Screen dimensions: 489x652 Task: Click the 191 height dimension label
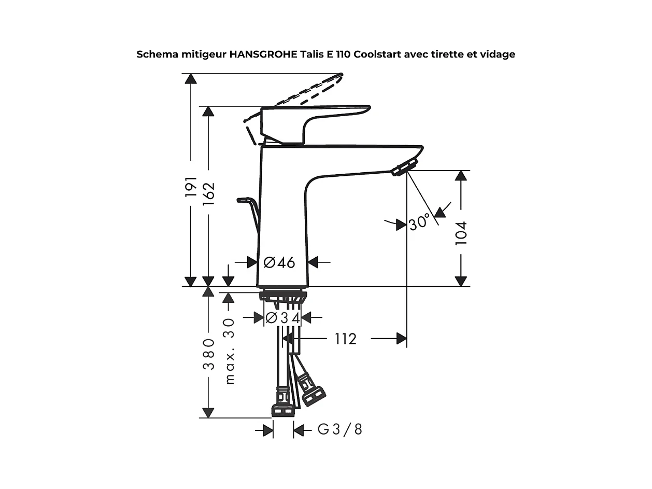tap(191, 187)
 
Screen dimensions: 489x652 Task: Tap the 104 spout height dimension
tap(461, 233)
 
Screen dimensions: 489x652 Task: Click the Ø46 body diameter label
tap(279, 262)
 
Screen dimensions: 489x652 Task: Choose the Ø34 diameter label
tap(282, 318)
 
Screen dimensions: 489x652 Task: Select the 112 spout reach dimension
tap(345, 339)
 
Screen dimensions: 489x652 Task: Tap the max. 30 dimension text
tap(229, 351)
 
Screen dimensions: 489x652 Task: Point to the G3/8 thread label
tap(340, 429)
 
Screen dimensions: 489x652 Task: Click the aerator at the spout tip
tap(405, 168)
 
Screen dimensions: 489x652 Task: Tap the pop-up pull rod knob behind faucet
tap(245, 200)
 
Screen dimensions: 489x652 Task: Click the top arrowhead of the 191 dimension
tap(191, 78)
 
